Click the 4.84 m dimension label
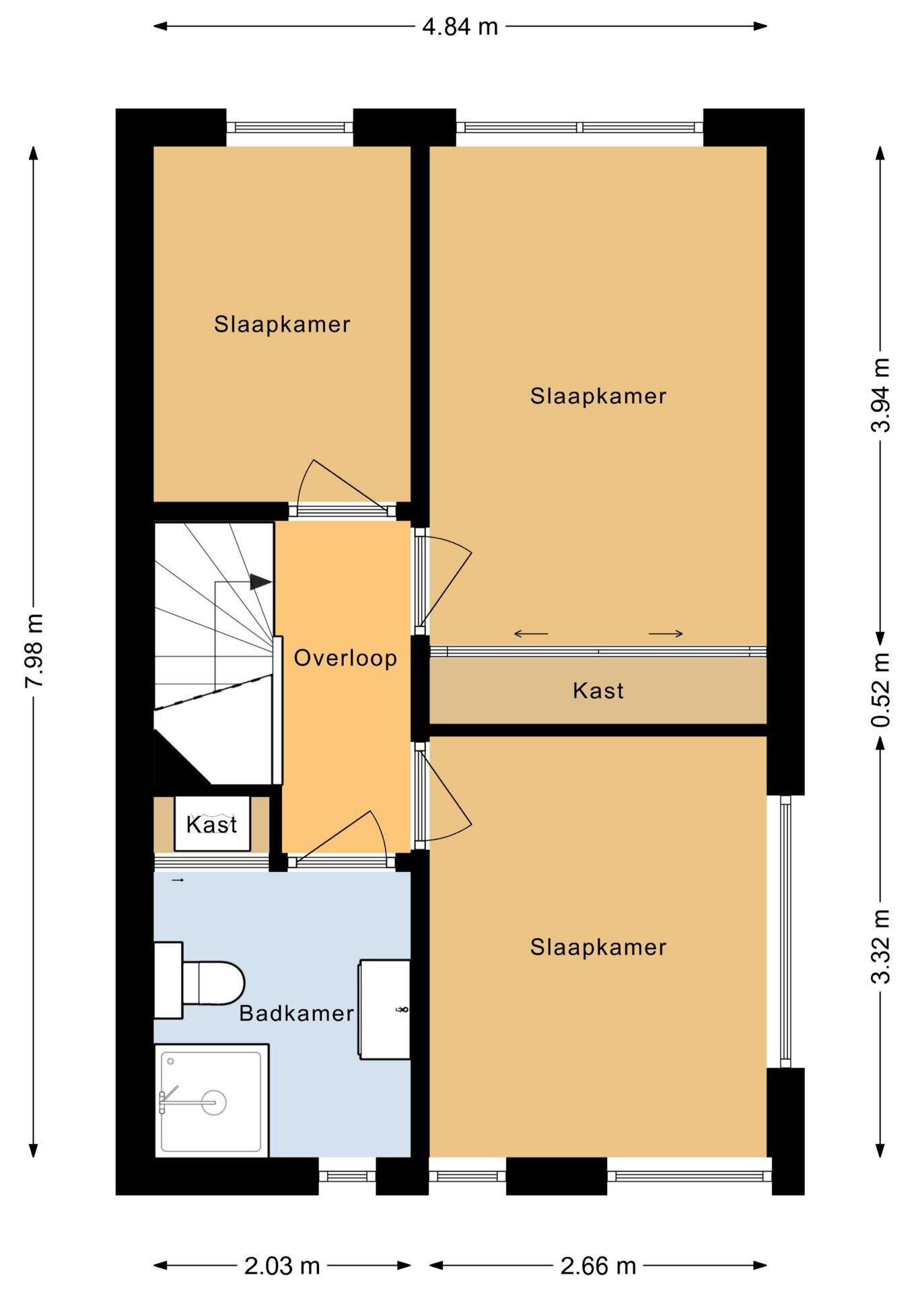point(460,27)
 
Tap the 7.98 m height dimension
point(34,651)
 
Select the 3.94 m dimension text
point(880,394)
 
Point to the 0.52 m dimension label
point(880,690)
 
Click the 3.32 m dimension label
point(880,947)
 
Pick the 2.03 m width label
point(282,1266)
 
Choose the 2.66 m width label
point(598,1266)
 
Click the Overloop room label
point(345,657)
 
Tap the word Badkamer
point(296,1013)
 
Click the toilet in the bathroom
point(199,980)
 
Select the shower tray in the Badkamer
point(212,1101)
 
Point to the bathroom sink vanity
point(384,1009)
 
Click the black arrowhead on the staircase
point(260,582)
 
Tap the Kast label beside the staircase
point(212,824)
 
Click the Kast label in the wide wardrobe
point(598,690)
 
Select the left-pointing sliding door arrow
point(531,633)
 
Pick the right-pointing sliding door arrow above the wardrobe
point(666,633)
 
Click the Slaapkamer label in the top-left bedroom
point(282,324)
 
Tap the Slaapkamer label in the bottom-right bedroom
point(598,947)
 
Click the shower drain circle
point(213,1103)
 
